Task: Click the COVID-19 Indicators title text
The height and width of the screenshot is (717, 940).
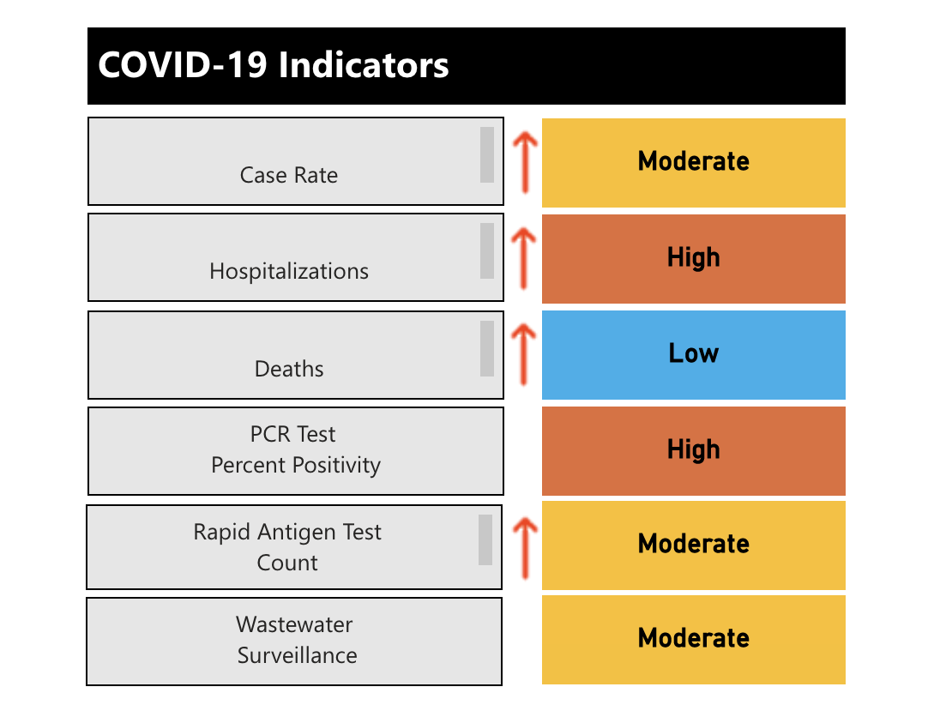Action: pos(273,66)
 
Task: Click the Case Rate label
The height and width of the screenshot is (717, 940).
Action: pos(289,175)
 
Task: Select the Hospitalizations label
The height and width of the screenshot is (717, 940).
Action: pos(289,271)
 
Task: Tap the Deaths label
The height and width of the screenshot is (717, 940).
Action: pos(289,369)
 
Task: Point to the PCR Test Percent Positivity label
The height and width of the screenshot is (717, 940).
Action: pos(295,449)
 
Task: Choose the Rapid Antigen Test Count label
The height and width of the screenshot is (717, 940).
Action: pos(287,547)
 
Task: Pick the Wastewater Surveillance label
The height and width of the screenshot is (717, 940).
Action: pos(296,640)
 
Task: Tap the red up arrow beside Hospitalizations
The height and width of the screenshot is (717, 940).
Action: pos(524,257)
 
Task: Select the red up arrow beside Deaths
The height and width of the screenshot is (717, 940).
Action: pos(524,353)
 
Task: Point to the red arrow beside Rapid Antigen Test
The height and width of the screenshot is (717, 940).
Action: pos(524,544)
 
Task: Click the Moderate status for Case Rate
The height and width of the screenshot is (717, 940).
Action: pos(693,162)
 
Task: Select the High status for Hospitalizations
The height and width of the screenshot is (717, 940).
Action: pos(693,258)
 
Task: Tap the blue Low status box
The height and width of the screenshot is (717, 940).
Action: pos(693,354)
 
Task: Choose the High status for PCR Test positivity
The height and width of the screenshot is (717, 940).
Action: pos(693,450)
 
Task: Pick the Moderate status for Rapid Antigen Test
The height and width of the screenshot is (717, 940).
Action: pos(693,545)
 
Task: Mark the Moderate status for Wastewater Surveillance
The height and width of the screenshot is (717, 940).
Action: pos(693,639)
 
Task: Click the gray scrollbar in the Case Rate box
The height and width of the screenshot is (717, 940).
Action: pos(487,154)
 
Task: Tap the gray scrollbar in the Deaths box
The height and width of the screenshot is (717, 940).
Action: pos(487,348)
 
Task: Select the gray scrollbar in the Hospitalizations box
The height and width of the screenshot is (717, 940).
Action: pos(487,250)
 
